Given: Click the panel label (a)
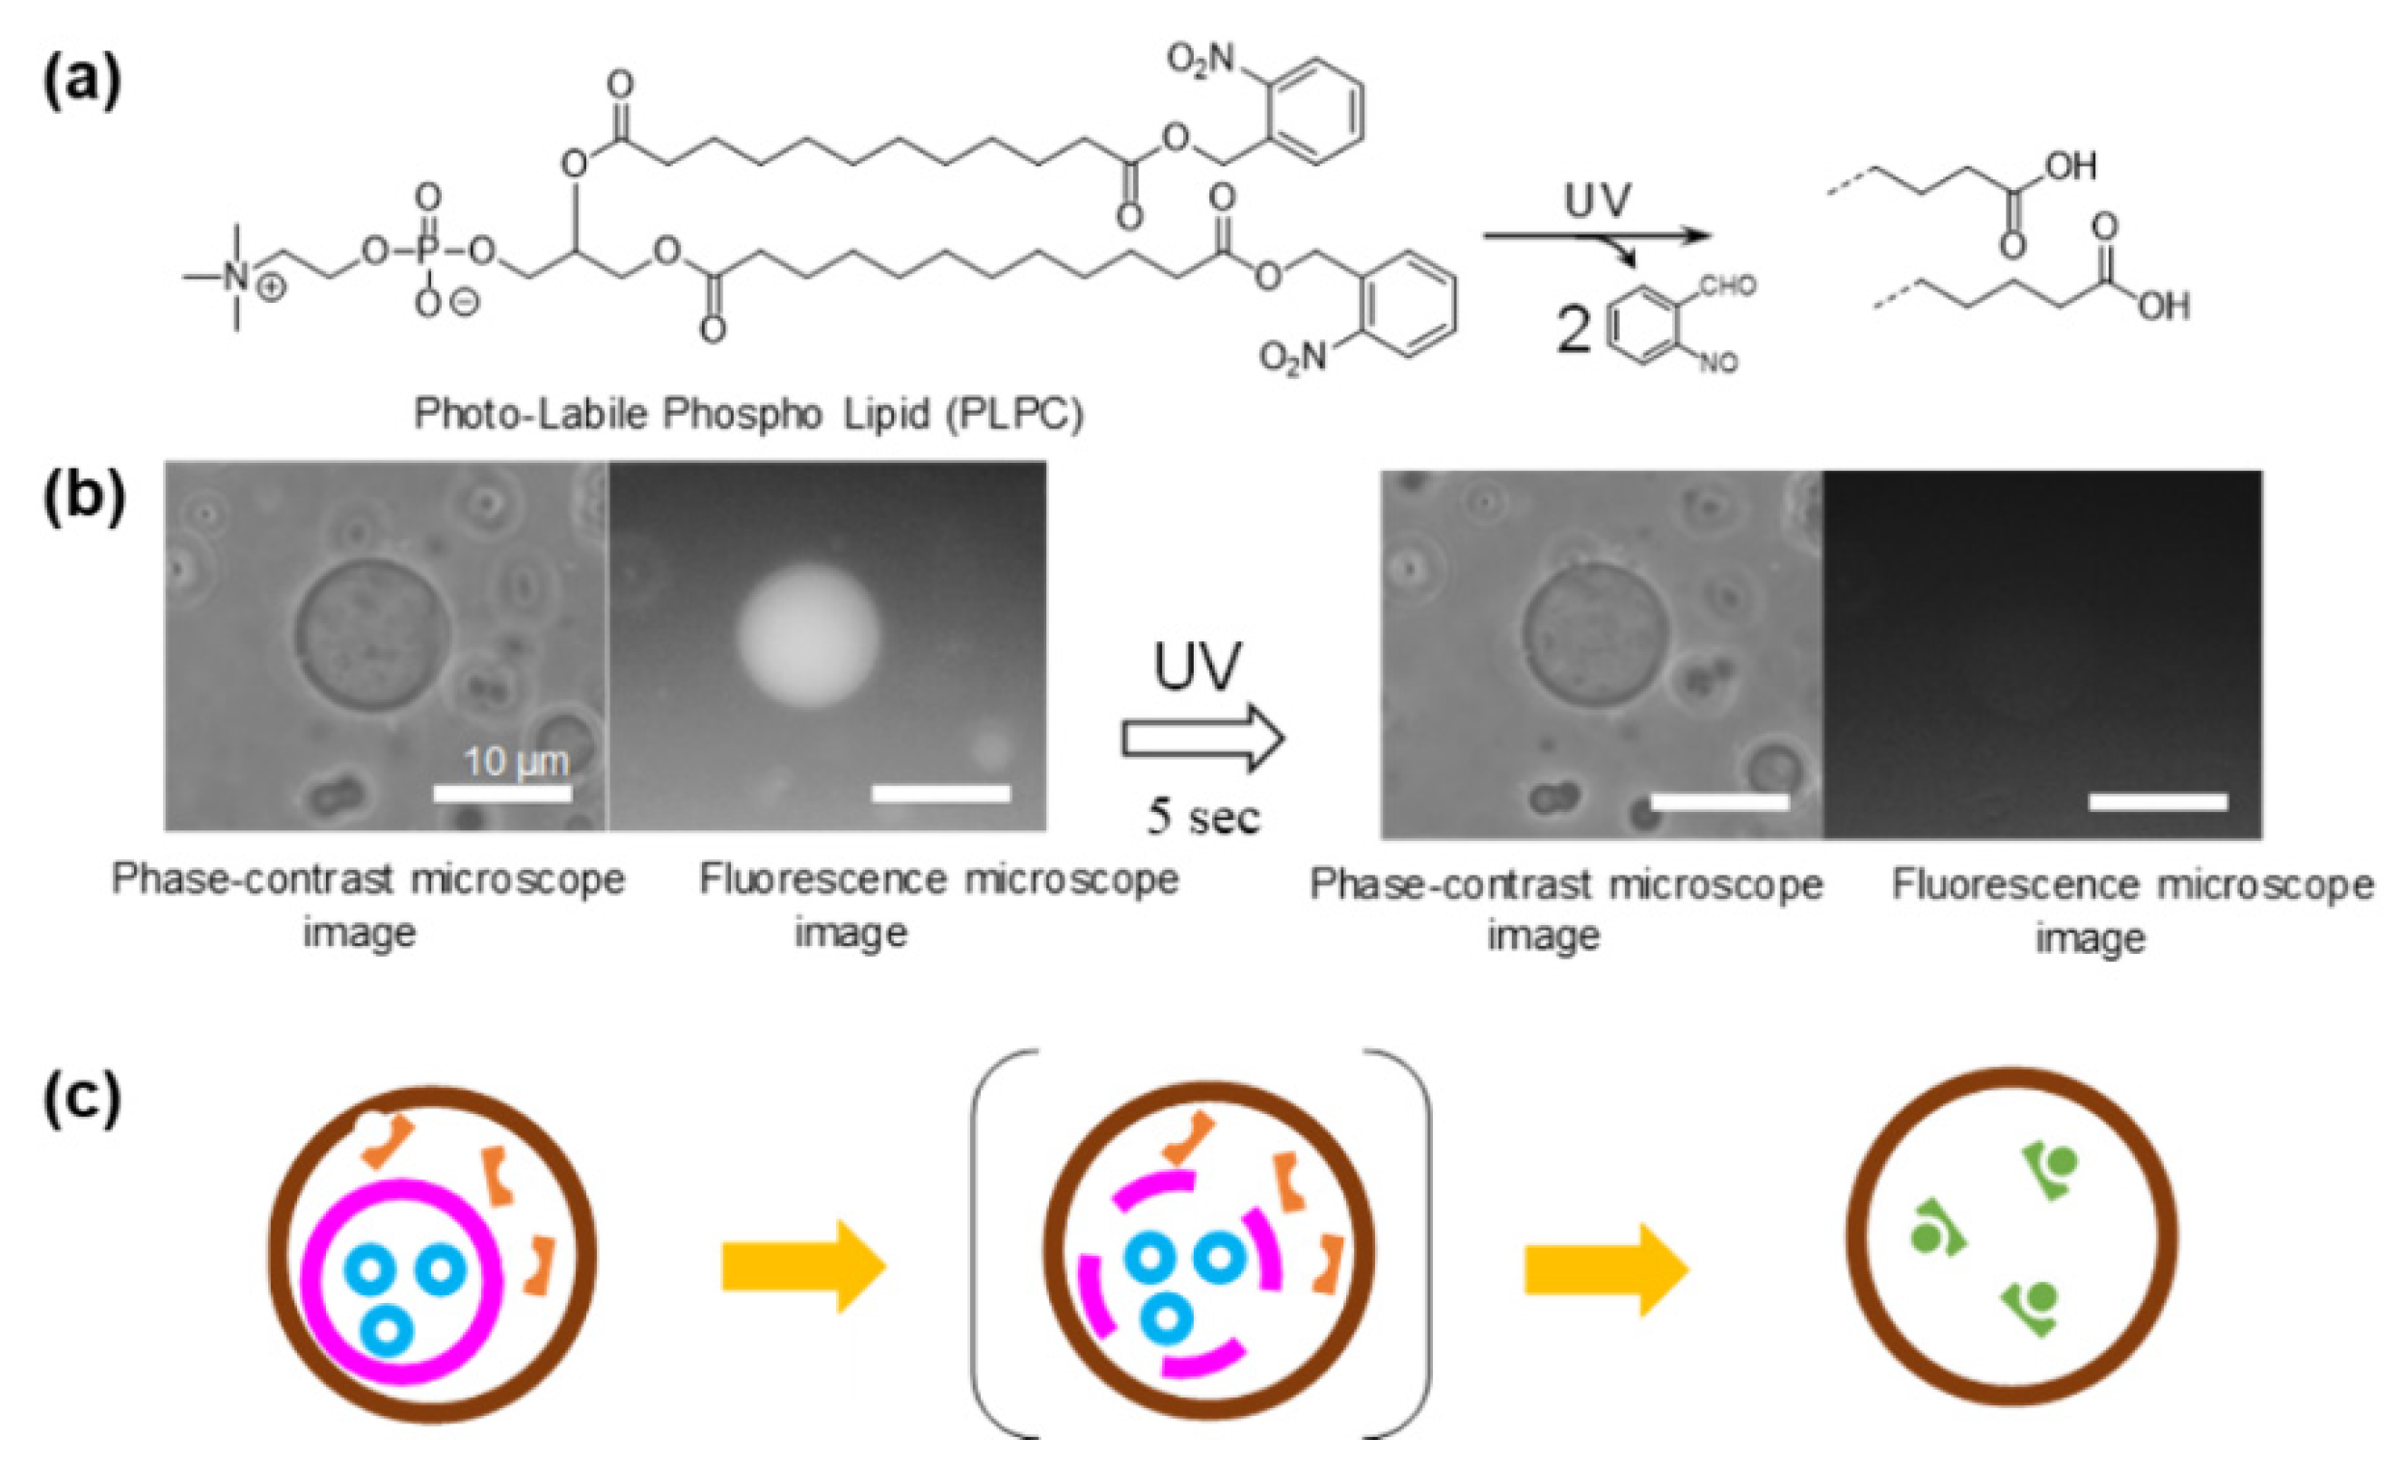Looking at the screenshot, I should [82, 82].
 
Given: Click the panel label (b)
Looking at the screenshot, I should [84, 496].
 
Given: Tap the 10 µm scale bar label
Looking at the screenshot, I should [515, 761].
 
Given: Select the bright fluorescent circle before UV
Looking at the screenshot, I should [808, 634].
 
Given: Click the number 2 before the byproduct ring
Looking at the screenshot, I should [1573, 330].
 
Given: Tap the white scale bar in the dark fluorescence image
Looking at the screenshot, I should [2157, 801].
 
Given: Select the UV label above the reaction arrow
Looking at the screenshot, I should [1597, 202].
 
